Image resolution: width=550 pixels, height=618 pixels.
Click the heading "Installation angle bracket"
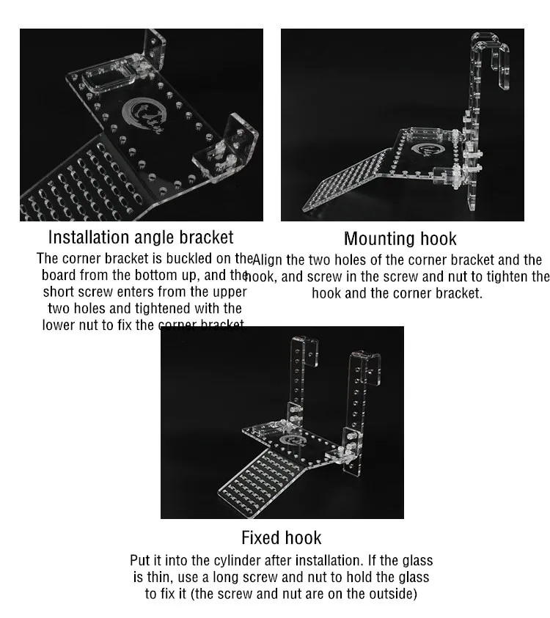pyautogui.click(x=141, y=238)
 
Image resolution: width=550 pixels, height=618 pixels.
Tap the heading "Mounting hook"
pyautogui.click(x=400, y=239)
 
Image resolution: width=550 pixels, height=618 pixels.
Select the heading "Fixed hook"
pyautogui.click(x=281, y=538)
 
